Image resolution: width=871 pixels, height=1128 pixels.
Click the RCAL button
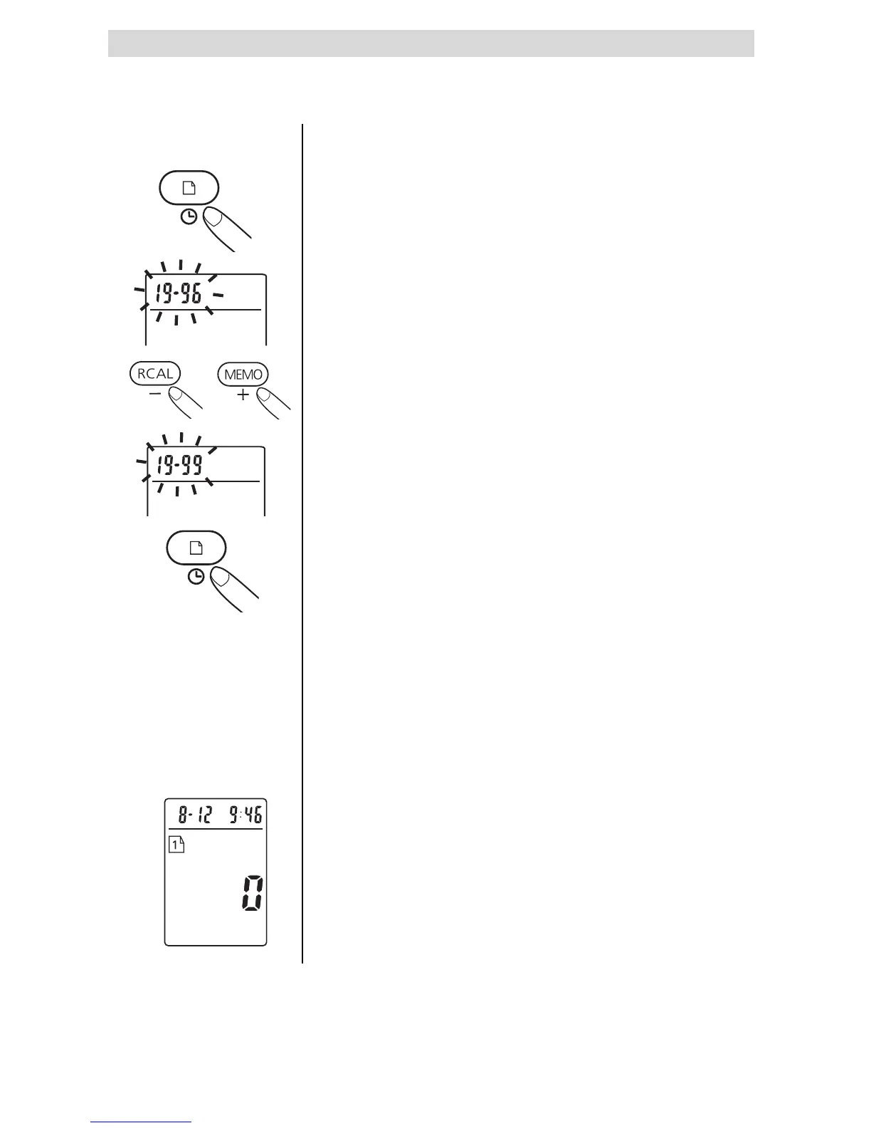click(x=155, y=374)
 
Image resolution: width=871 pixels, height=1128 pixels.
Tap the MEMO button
click(x=243, y=375)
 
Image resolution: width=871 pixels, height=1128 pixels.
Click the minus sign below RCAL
click(x=155, y=394)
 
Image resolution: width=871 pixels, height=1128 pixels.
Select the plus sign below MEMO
click(x=243, y=394)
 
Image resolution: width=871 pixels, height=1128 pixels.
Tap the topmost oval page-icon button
click(x=188, y=189)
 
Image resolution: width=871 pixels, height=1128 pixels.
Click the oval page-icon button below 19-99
click(x=196, y=548)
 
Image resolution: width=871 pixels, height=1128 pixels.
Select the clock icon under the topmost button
click(x=188, y=218)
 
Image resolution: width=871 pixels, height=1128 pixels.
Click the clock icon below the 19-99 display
click(x=196, y=578)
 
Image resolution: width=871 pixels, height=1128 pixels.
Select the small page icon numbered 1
click(x=176, y=845)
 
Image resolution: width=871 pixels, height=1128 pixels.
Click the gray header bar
click(x=431, y=43)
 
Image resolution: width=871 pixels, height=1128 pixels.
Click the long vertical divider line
click(x=303, y=541)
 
